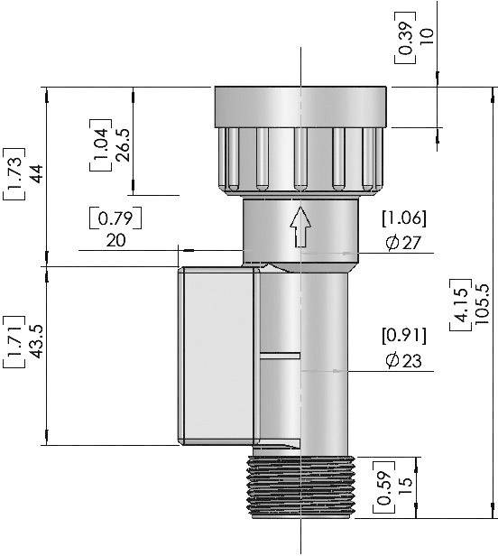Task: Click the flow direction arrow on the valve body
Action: [x=301, y=228]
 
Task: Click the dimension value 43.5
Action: [x=37, y=342]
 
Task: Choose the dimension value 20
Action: [x=116, y=240]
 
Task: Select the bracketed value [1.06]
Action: [x=403, y=218]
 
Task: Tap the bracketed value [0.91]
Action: [x=403, y=337]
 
